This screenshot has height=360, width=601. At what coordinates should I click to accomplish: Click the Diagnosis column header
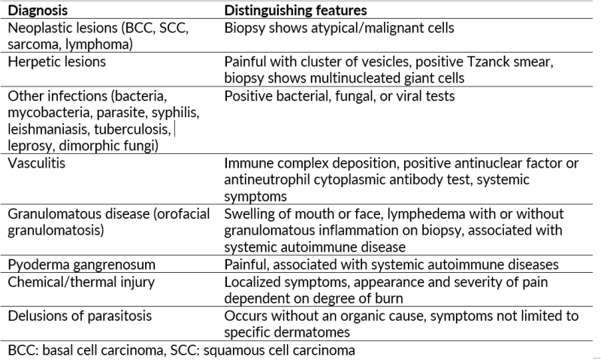point(38,11)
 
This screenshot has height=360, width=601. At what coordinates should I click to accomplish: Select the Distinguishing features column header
point(295,11)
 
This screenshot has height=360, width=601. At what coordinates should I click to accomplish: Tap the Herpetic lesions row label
point(57,62)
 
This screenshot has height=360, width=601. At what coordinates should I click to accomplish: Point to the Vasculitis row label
point(36,163)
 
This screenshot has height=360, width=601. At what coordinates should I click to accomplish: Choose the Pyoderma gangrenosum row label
point(82,265)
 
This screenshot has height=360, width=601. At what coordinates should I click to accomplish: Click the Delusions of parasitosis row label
point(80,316)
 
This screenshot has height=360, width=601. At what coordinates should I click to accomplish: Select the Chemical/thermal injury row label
point(81,282)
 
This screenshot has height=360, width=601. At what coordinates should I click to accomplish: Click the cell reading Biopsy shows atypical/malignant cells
point(340,28)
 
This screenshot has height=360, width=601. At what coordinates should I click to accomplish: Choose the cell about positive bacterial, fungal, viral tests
point(340,96)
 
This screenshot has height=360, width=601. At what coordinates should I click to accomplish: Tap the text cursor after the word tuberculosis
point(175,129)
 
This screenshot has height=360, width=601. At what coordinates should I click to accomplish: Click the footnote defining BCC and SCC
point(181,350)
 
